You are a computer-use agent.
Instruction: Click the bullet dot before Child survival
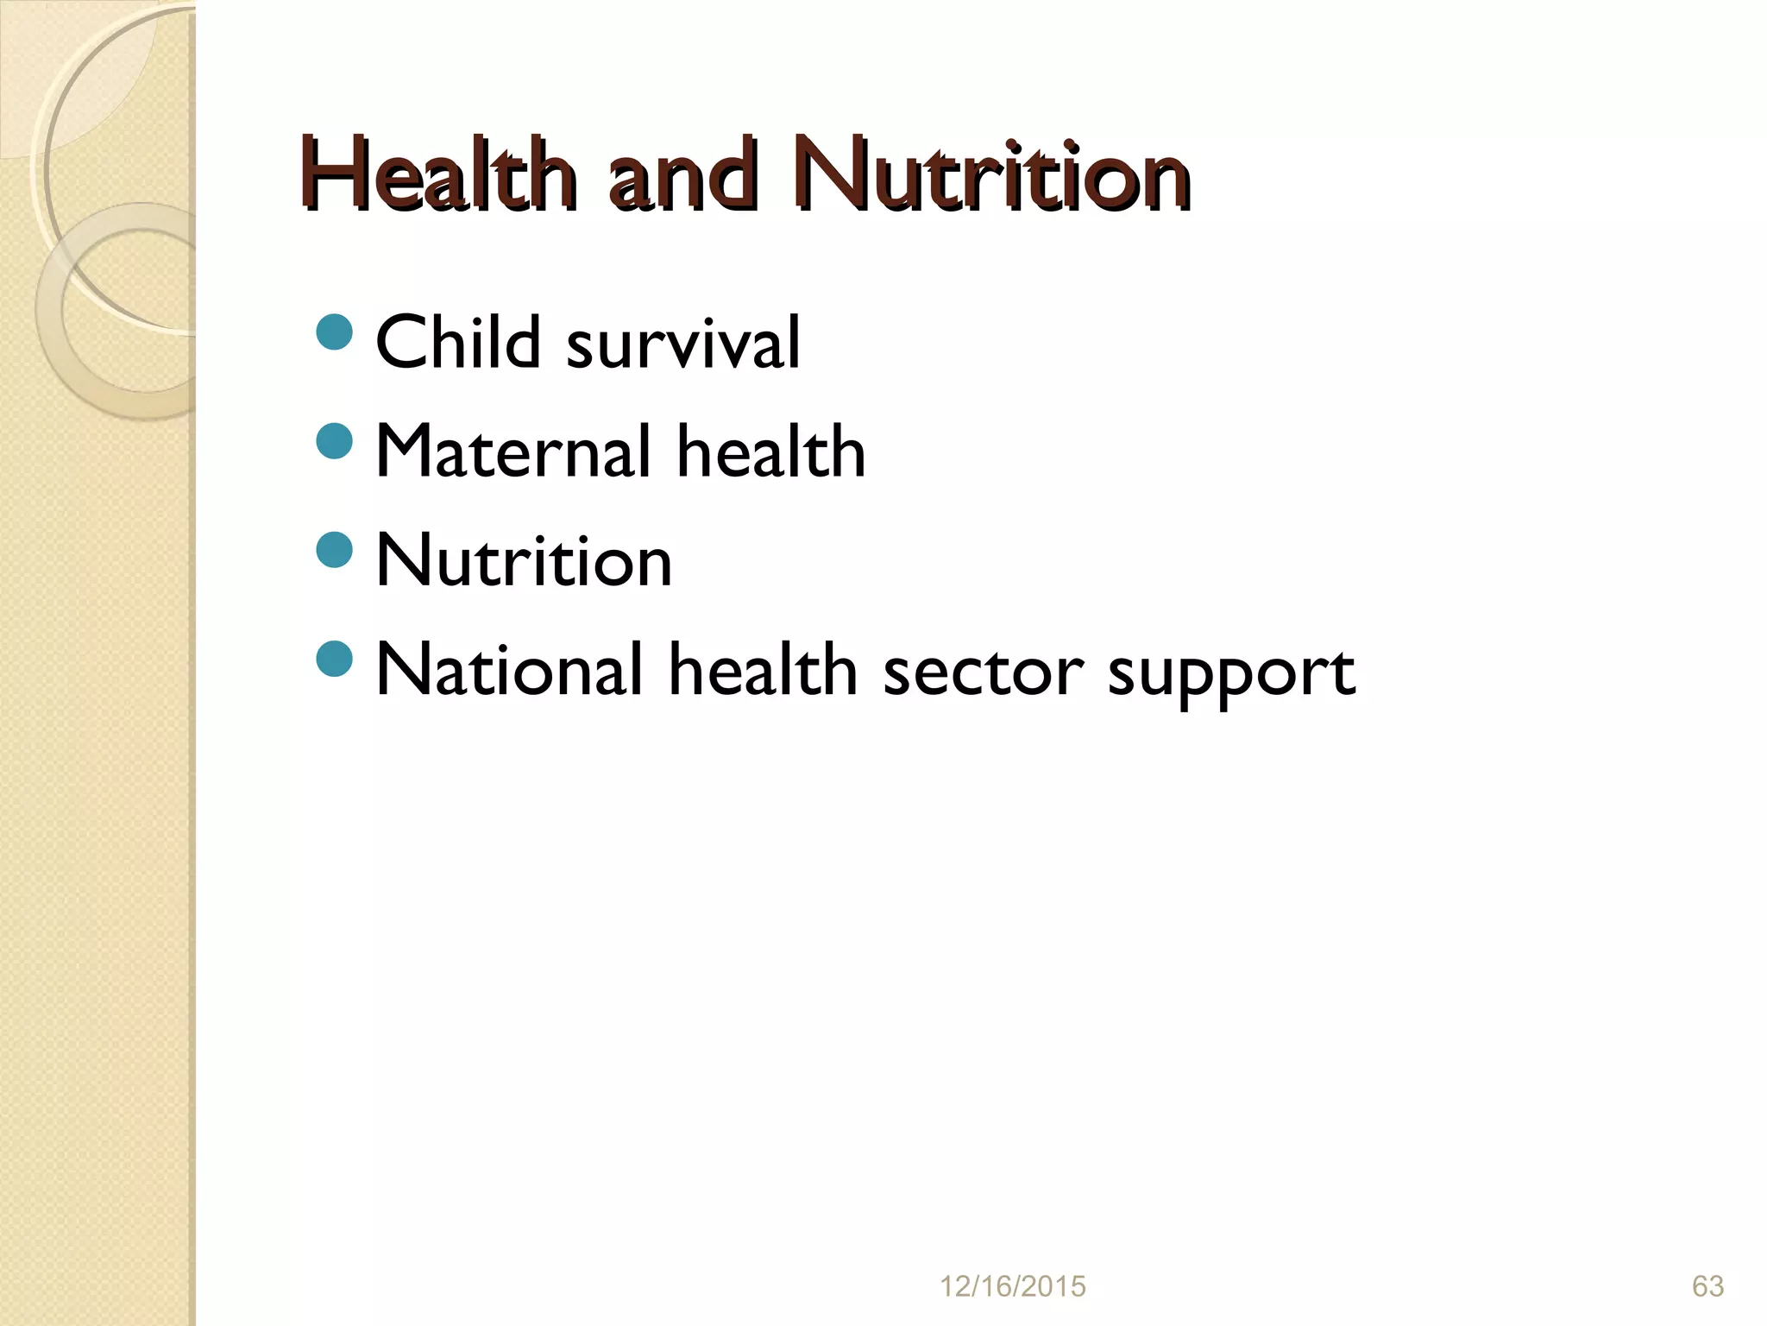pyautogui.click(x=335, y=332)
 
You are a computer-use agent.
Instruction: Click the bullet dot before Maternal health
pyautogui.click(x=335, y=441)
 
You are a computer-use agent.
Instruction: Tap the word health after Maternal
pyautogui.click(x=770, y=451)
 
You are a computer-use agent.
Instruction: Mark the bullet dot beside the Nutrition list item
pyautogui.click(x=335, y=550)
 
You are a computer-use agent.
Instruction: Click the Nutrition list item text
pyautogui.click(x=524, y=561)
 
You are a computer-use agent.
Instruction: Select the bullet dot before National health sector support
pyautogui.click(x=335, y=659)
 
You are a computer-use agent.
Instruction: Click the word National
pyautogui.click(x=510, y=670)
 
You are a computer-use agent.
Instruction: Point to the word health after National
pyautogui.click(x=763, y=670)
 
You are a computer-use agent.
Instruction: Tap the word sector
pyautogui.click(x=983, y=672)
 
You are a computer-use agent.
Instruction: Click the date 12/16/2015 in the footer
pyautogui.click(x=1012, y=1286)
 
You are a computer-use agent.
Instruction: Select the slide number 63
pyautogui.click(x=1707, y=1286)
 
